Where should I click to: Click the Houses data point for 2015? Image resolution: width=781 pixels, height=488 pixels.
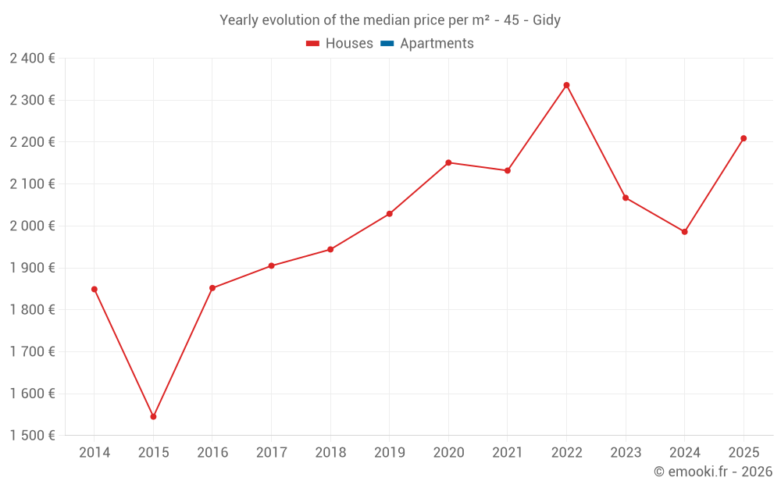pyautogui.click(x=153, y=416)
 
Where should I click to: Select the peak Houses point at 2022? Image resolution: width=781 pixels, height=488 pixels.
pyautogui.click(x=566, y=85)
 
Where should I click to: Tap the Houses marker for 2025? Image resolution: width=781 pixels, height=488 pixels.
pyautogui.click(x=744, y=138)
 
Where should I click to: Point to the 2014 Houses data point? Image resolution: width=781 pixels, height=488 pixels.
pyautogui.click(x=95, y=290)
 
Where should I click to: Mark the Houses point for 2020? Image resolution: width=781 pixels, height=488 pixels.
pyautogui.click(x=448, y=162)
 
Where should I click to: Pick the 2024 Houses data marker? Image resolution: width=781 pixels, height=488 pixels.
pyautogui.click(x=684, y=232)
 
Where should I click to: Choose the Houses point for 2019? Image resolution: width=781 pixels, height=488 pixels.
pyautogui.click(x=390, y=214)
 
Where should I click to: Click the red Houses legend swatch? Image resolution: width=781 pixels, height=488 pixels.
pyautogui.click(x=313, y=44)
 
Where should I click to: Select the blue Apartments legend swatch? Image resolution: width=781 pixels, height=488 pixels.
pyautogui.click(x=387, y=44)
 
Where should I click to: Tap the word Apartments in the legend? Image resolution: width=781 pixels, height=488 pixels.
pyautogui.click(x=437, y=44)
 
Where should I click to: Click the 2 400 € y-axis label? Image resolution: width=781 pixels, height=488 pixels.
pyautogui.click(x=32, y=59)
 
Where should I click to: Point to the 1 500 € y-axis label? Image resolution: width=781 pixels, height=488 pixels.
pyautogui.click(x=32, y=435)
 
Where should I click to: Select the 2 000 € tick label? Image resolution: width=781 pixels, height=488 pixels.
pyautogui.click(x=32, y=226)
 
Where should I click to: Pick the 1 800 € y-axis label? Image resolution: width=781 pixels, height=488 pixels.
pyautogui.click(x=32, y=310)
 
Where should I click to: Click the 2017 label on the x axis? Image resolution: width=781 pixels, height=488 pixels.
pyautogui.click(x=272, y=453)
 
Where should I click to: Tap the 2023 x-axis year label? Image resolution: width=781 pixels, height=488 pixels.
pyautogui.click(x=626, y=453)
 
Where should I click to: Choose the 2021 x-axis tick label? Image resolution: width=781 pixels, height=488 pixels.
pyautogui.click(x=508, y=453)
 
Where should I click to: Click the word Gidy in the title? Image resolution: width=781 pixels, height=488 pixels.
pyautogui.click(x=547, y=20)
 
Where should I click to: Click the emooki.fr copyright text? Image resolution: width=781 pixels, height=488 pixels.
pyautogui.click(x=713, y=472)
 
